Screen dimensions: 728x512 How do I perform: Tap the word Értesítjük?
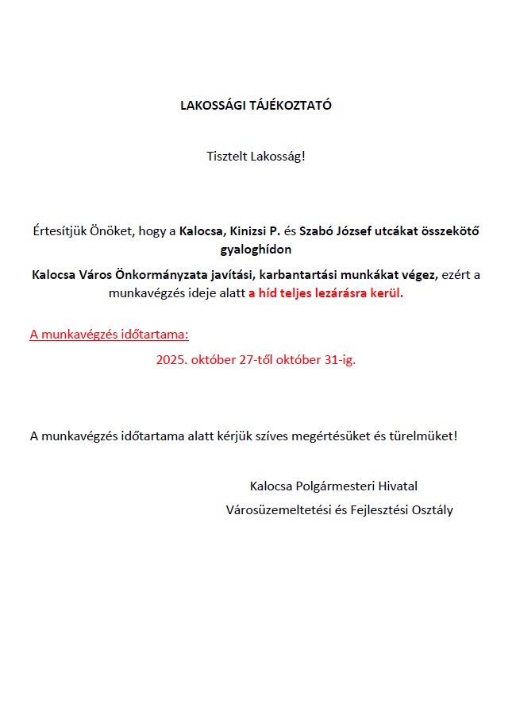click(x=59, y=232)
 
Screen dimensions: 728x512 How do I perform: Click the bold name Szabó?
click(x=315, y=232)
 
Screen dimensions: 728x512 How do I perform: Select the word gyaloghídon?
click(x=256, y=250)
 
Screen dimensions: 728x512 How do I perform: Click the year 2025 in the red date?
click(x=171, y=359)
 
